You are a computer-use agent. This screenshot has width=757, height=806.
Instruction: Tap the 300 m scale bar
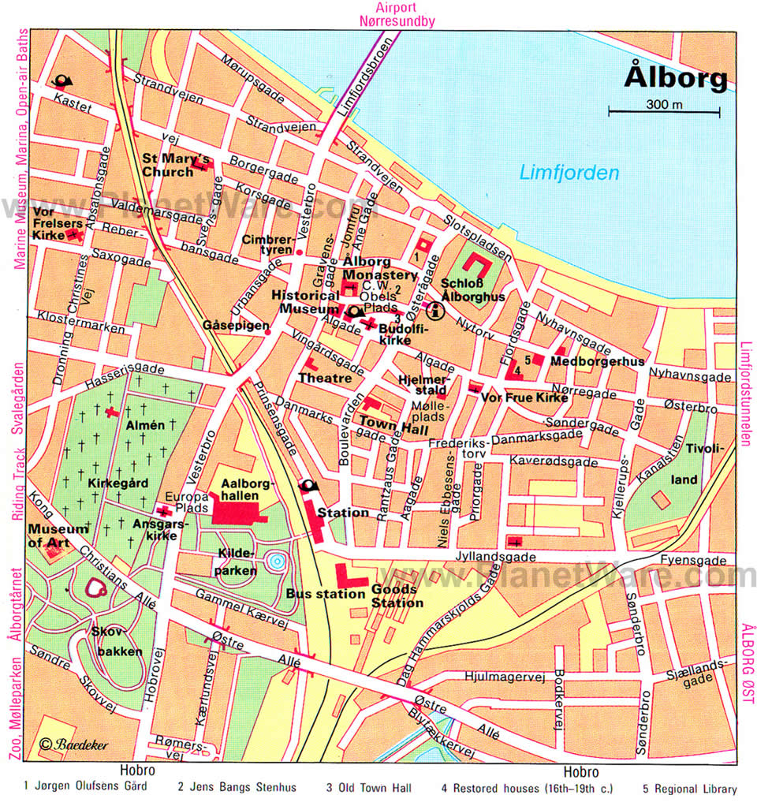pos(664,111)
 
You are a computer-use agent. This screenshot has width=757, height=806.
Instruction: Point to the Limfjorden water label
pos(569,174)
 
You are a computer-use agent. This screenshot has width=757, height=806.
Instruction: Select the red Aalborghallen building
pos(241,513)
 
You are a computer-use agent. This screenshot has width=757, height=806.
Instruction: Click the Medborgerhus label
pos(598,361)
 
